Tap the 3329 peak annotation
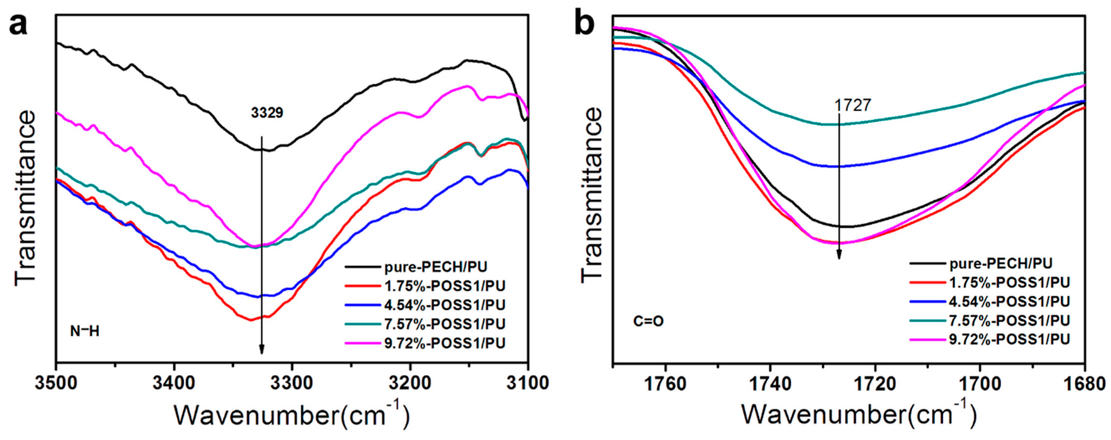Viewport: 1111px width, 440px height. pyautogui.click(x=267, y=113)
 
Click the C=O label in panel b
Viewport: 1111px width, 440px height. pyautogui.click(x=648, y=322)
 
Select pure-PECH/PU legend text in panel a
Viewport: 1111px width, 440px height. pyautogui.click(x=436, y=267)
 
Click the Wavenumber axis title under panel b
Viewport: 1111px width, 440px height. pyautogui.click(x=858, y=415)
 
